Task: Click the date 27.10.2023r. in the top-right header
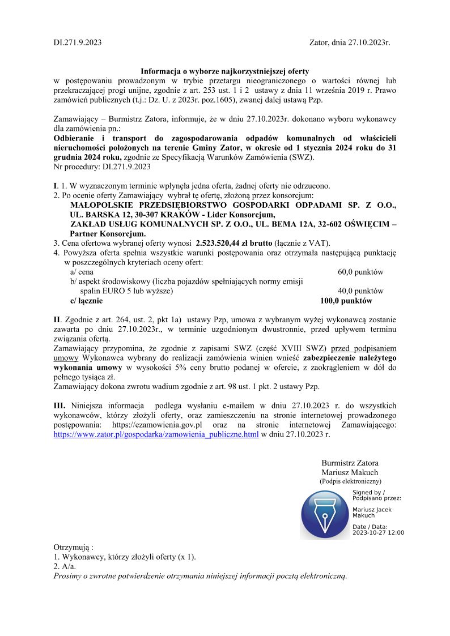(x=368, y=42)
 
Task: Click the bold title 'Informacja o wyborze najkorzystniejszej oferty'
(x=225, y=71)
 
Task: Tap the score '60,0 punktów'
(x=360, y=272)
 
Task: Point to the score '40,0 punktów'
(x=360, y=291)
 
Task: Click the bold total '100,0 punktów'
(x=346, y=301)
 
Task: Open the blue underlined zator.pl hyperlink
(x=156, y=434)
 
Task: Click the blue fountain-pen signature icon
(x=325, y=514)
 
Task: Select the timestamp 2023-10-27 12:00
(x=378, y=532)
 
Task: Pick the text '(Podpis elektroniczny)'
(x=350, y=481)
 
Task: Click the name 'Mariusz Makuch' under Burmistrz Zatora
(x=350, y=472)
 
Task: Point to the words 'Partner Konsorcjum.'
(x=108, y=233)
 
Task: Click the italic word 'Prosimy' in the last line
(x=67, y=577)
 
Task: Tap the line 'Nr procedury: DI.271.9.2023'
(x=102, y=167)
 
